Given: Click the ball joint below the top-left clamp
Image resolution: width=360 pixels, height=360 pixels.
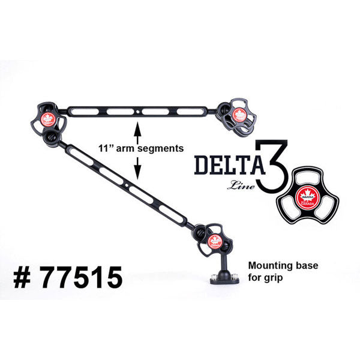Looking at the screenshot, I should [x=52, y=138].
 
